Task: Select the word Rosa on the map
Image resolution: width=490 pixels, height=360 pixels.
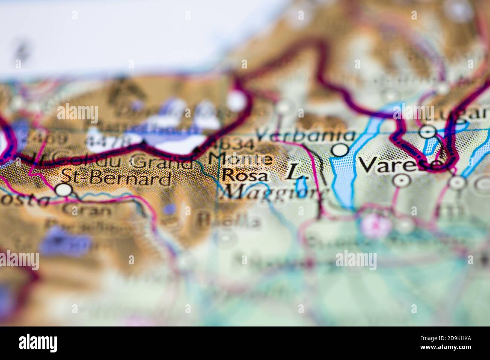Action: tap(245, 175)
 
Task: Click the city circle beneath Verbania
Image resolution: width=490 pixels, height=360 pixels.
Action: tap(341, 150)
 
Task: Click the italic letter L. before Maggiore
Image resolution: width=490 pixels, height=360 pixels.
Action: tap(294, 172)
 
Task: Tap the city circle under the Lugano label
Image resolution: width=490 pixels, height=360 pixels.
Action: tap(428, 131)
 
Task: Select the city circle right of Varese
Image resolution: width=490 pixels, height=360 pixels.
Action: tap(457, 183)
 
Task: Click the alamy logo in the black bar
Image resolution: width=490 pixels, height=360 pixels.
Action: tap(38, 343)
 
